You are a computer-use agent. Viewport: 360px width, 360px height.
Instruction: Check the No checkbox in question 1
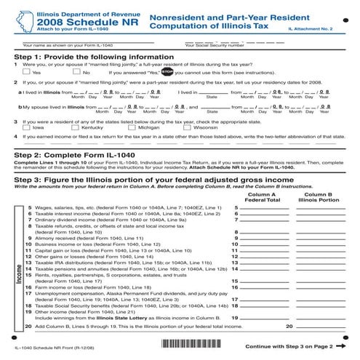[77, 73]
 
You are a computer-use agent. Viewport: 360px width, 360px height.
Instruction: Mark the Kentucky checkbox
[76, 127]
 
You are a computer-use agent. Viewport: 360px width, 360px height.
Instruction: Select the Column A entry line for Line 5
[264, 207]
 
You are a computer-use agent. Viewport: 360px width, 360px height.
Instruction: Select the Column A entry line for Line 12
[264, 257]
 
